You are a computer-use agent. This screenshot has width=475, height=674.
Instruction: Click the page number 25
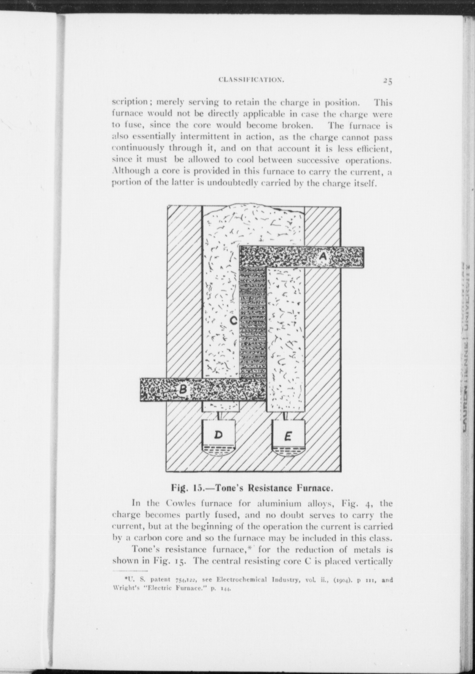pyautogui.click(x=388, y=81)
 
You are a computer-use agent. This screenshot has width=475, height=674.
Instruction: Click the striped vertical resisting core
pyautogui.click(x=253, y=322)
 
